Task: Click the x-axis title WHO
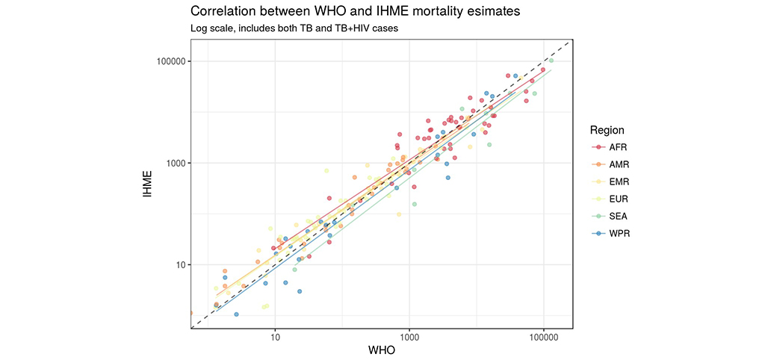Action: click(382, 350)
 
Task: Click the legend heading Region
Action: click(607, 130)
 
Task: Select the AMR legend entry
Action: click(619, 164)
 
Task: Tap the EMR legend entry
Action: click(619, 181)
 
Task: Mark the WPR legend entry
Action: click(619, 233)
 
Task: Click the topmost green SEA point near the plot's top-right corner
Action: click(551, 60)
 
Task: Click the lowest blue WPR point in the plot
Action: click(236, 314)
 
